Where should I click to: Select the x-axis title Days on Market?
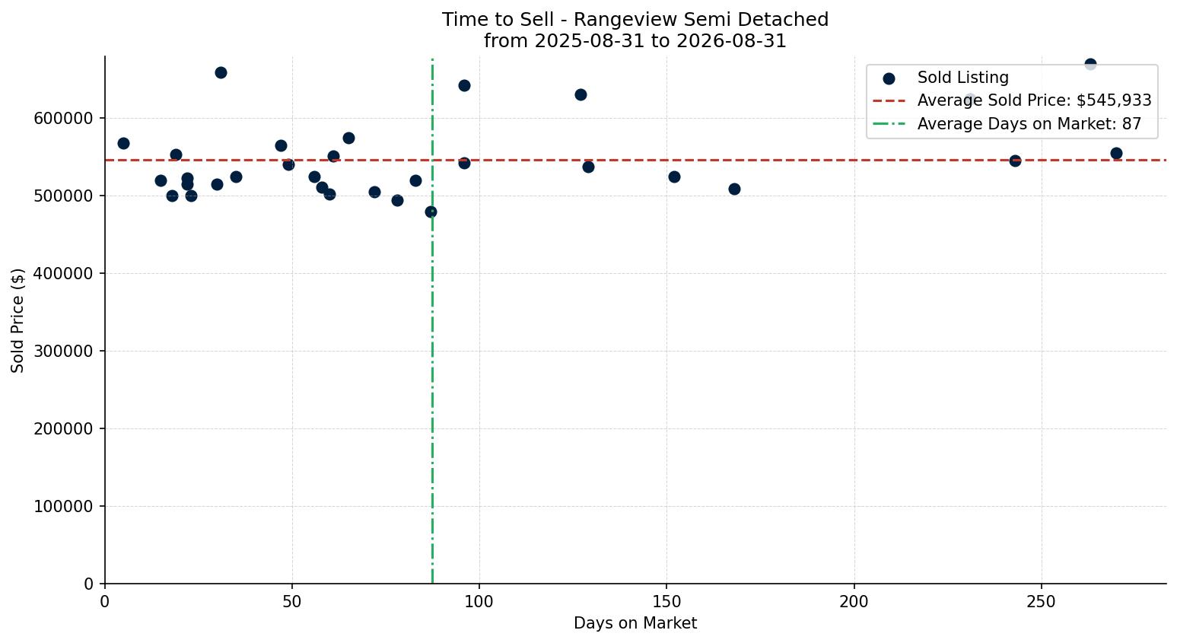[x=635, y=623]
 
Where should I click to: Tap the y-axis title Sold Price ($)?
[x=17, y=320]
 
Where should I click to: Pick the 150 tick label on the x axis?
[x=666, y=602]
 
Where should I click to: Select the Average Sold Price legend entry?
[x=1012, y=100]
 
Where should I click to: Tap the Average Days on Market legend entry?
[x=1007, y=124]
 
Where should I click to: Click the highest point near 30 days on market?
[x=221, y=72]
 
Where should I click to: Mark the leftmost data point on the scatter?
[x=123, y=143]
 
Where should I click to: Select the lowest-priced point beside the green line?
[x=431, y=212]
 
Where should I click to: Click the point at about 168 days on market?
[x=734, y=189]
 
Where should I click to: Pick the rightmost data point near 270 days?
[x=1116, y=154]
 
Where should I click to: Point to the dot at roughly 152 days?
[x=674, y=177]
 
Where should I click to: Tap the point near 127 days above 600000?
[x=581, y=94]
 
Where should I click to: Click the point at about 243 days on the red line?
[x=1015, y=161]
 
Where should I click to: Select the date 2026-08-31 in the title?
[x=731, y=41]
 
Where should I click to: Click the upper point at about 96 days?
[x=465, y=86]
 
